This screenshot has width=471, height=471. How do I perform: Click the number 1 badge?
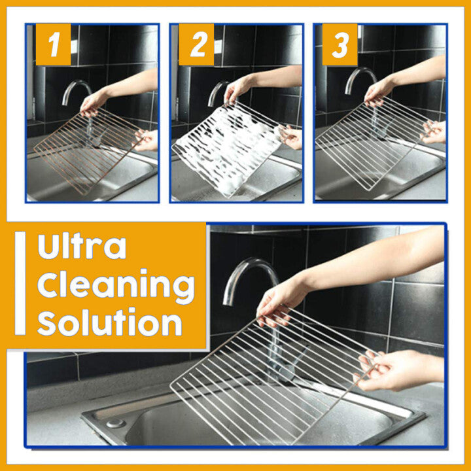pos(53,44)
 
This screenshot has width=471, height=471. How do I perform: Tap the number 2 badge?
pos(196,44)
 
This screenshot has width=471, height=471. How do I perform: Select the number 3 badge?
pos(340,44)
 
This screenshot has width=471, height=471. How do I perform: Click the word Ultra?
pos(82,247)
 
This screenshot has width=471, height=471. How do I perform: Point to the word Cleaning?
pos(116,285)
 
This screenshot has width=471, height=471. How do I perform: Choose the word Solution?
pos(109,323)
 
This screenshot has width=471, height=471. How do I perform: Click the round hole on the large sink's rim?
pos(115,423)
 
